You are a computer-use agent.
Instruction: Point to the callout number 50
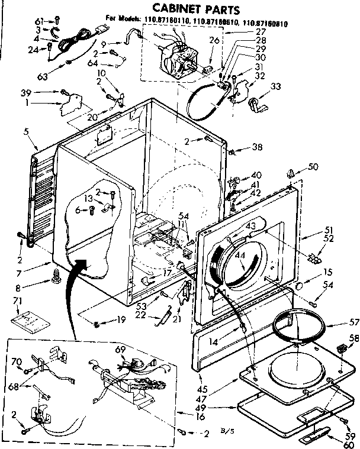coord(313,167)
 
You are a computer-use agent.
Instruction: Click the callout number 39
coord(25,92)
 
